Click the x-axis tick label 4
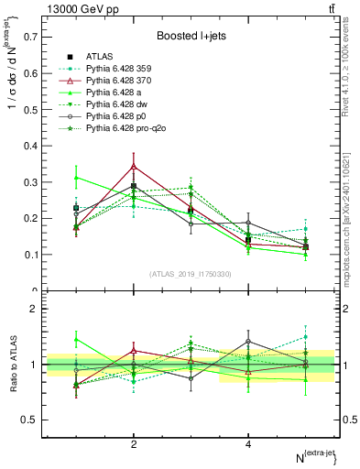click(x=248, y=444)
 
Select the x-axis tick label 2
click(x=134, y=444)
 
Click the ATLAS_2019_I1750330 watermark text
click(x=191, y=273)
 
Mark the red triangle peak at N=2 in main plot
click(x=134, y=167)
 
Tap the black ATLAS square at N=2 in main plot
click(x=134, y=186)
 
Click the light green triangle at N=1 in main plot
click(x=76, y=178)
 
